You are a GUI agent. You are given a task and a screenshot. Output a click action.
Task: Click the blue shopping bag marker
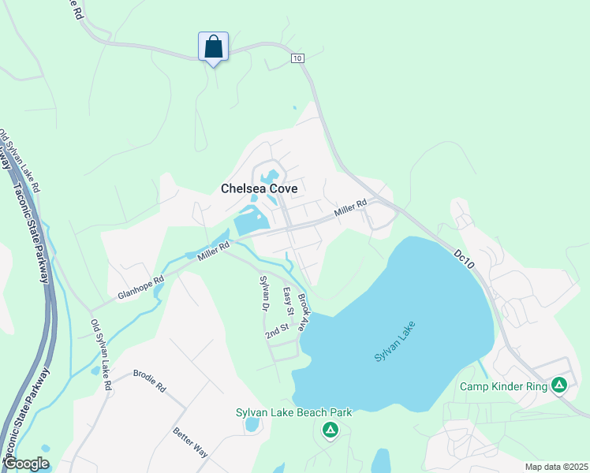pyautogui.click(x=213, y=46)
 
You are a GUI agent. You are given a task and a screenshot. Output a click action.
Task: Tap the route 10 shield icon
pyautogui.click(x=297, y=58)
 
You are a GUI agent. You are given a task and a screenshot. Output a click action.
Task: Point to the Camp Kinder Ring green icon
pyautogui.click(x=558, y=385)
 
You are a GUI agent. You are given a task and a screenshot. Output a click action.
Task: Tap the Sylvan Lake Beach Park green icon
pyautogui.click(x=330, y=430)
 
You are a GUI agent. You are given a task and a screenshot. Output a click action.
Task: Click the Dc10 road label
pyautogui.click(x=465, y=261)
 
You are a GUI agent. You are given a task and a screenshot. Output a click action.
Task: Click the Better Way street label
pyautogui.click(x=190, y=442)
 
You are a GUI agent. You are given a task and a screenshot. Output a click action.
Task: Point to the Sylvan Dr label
pyautogui.click(x=265, y=293)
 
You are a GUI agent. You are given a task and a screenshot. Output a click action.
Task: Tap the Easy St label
pyautogui.click(x=289, y=302)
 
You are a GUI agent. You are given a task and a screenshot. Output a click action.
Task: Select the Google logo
pyautogui.click(x=26, y=464)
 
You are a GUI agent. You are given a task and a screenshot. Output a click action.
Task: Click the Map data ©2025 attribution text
pyautogui.click(x=556, y=467)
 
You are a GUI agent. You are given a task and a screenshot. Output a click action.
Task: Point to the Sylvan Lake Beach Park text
pyautogui.click(x=293, y=412)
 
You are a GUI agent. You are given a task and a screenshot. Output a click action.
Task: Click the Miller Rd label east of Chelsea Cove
pyautogui.click(x=350, y=208)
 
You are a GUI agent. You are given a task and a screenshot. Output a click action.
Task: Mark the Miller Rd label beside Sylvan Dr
pyautogui.click(x=213, y=252)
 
